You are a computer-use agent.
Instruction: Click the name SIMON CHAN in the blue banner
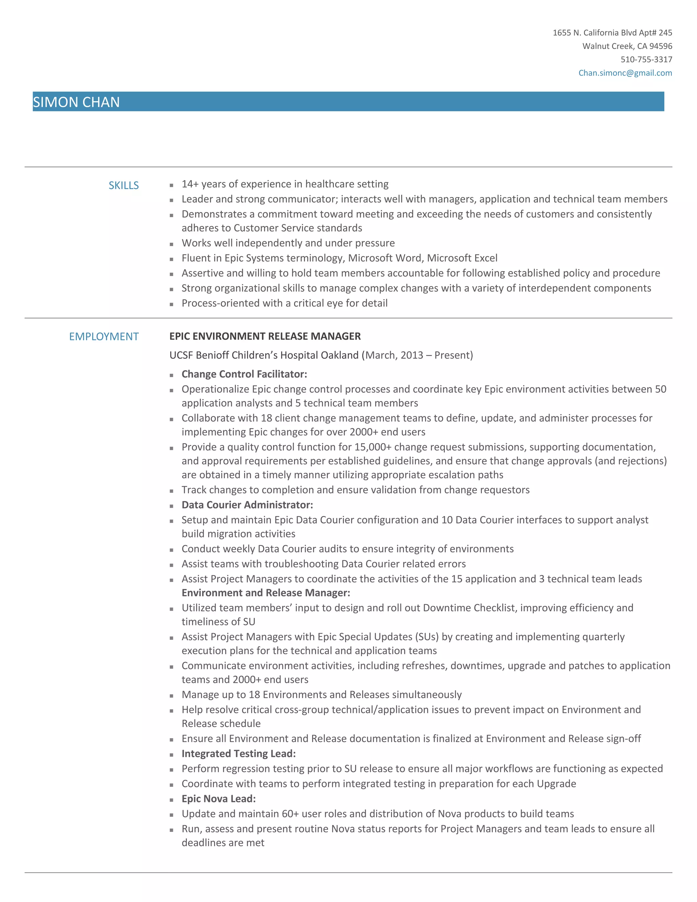tap(76, 102)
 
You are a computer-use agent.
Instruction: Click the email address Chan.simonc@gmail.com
tap(625, 73)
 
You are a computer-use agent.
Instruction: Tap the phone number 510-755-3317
tap(646, 60)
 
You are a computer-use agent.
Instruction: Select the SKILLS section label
tap(124, 186)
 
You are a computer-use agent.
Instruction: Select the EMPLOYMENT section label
tap(104, 337)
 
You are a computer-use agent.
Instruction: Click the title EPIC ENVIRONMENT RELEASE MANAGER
tap(265, 336)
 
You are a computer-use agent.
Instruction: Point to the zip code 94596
tap(661, 46)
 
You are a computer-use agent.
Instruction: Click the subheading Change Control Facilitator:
tap(244, 374)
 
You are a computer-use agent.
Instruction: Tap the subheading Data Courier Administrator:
tap(247, 505)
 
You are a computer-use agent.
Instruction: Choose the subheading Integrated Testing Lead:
tap(238, 754)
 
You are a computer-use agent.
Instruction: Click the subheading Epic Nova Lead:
tap(218, 799)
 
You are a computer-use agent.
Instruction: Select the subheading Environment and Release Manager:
tap(265, 593)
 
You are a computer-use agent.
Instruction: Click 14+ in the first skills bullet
tap(190, 184)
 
